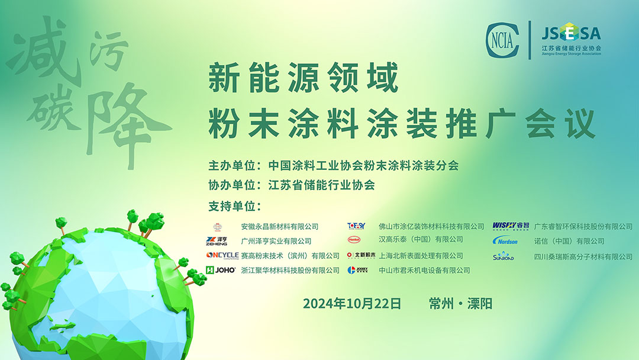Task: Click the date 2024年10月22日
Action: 352,304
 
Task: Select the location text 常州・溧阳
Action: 461,304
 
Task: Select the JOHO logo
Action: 221,270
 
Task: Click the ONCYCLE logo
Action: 222,255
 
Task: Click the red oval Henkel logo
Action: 354,240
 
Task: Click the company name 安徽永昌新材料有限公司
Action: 280,226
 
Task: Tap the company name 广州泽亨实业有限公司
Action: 276,241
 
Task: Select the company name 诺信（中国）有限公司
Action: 569,241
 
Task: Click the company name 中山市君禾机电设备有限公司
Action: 424,270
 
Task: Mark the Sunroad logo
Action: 504,256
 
